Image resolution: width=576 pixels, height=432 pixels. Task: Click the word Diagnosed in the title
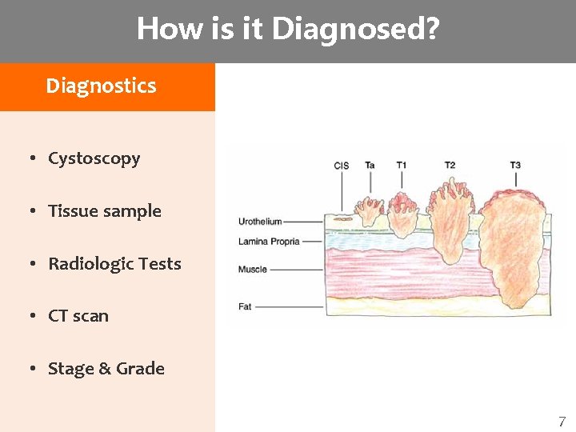[x=354, y=30]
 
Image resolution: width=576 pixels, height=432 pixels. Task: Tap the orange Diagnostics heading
[x=101, y=86]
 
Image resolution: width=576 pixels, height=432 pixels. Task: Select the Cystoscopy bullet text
[x=94, y=158]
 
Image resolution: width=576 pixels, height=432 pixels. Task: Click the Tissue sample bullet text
[x=105, y=211]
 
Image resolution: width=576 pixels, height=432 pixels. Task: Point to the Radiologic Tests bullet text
[x=114, y=264]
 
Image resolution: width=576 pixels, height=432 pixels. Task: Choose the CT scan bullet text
[x=78, y=316]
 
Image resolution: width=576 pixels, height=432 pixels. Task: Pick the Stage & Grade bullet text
[x=106, y=369]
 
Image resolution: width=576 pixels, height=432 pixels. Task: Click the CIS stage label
[x=342, y=166]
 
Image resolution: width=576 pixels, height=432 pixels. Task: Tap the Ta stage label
[x=370, y=166]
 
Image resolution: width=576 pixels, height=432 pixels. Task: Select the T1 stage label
[x=402, y=166]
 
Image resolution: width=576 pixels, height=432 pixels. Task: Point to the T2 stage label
[x=450, y=166]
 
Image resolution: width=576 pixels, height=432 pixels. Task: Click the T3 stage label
[x=515, y=166]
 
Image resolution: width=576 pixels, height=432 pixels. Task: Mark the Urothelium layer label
[x=260, y=222]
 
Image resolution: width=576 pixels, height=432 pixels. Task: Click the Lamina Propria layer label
[x=269, y=241]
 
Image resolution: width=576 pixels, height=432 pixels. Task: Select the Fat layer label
[x=245, y=306]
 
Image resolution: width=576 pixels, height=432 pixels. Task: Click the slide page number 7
[x=562, y=422]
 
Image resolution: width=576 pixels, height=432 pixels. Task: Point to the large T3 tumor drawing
[x=512, y=248]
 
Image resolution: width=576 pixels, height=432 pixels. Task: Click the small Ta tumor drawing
[x=370, y=210]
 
